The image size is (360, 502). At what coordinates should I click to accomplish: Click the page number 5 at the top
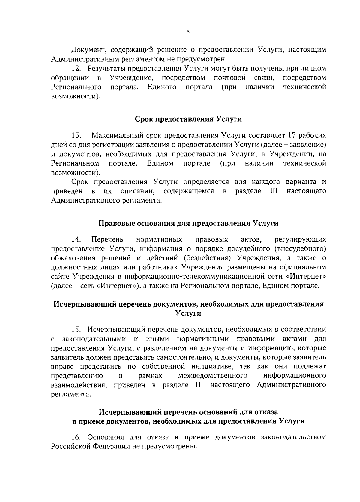pyautogui.click(x=188, y=33)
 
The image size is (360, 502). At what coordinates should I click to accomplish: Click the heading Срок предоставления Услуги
pyautogui.click(x=188, y=119)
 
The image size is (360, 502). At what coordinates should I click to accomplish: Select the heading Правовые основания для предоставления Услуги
pyautogui.click(x=188, y=223)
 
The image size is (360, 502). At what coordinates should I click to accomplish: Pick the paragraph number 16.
pyautogui.click(x=77, y=437)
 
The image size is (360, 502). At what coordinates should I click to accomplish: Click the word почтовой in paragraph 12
pyautogui.click(x=230, y=78)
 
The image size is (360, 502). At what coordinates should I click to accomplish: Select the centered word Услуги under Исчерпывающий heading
pyautogui.click(x=188, y=313)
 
